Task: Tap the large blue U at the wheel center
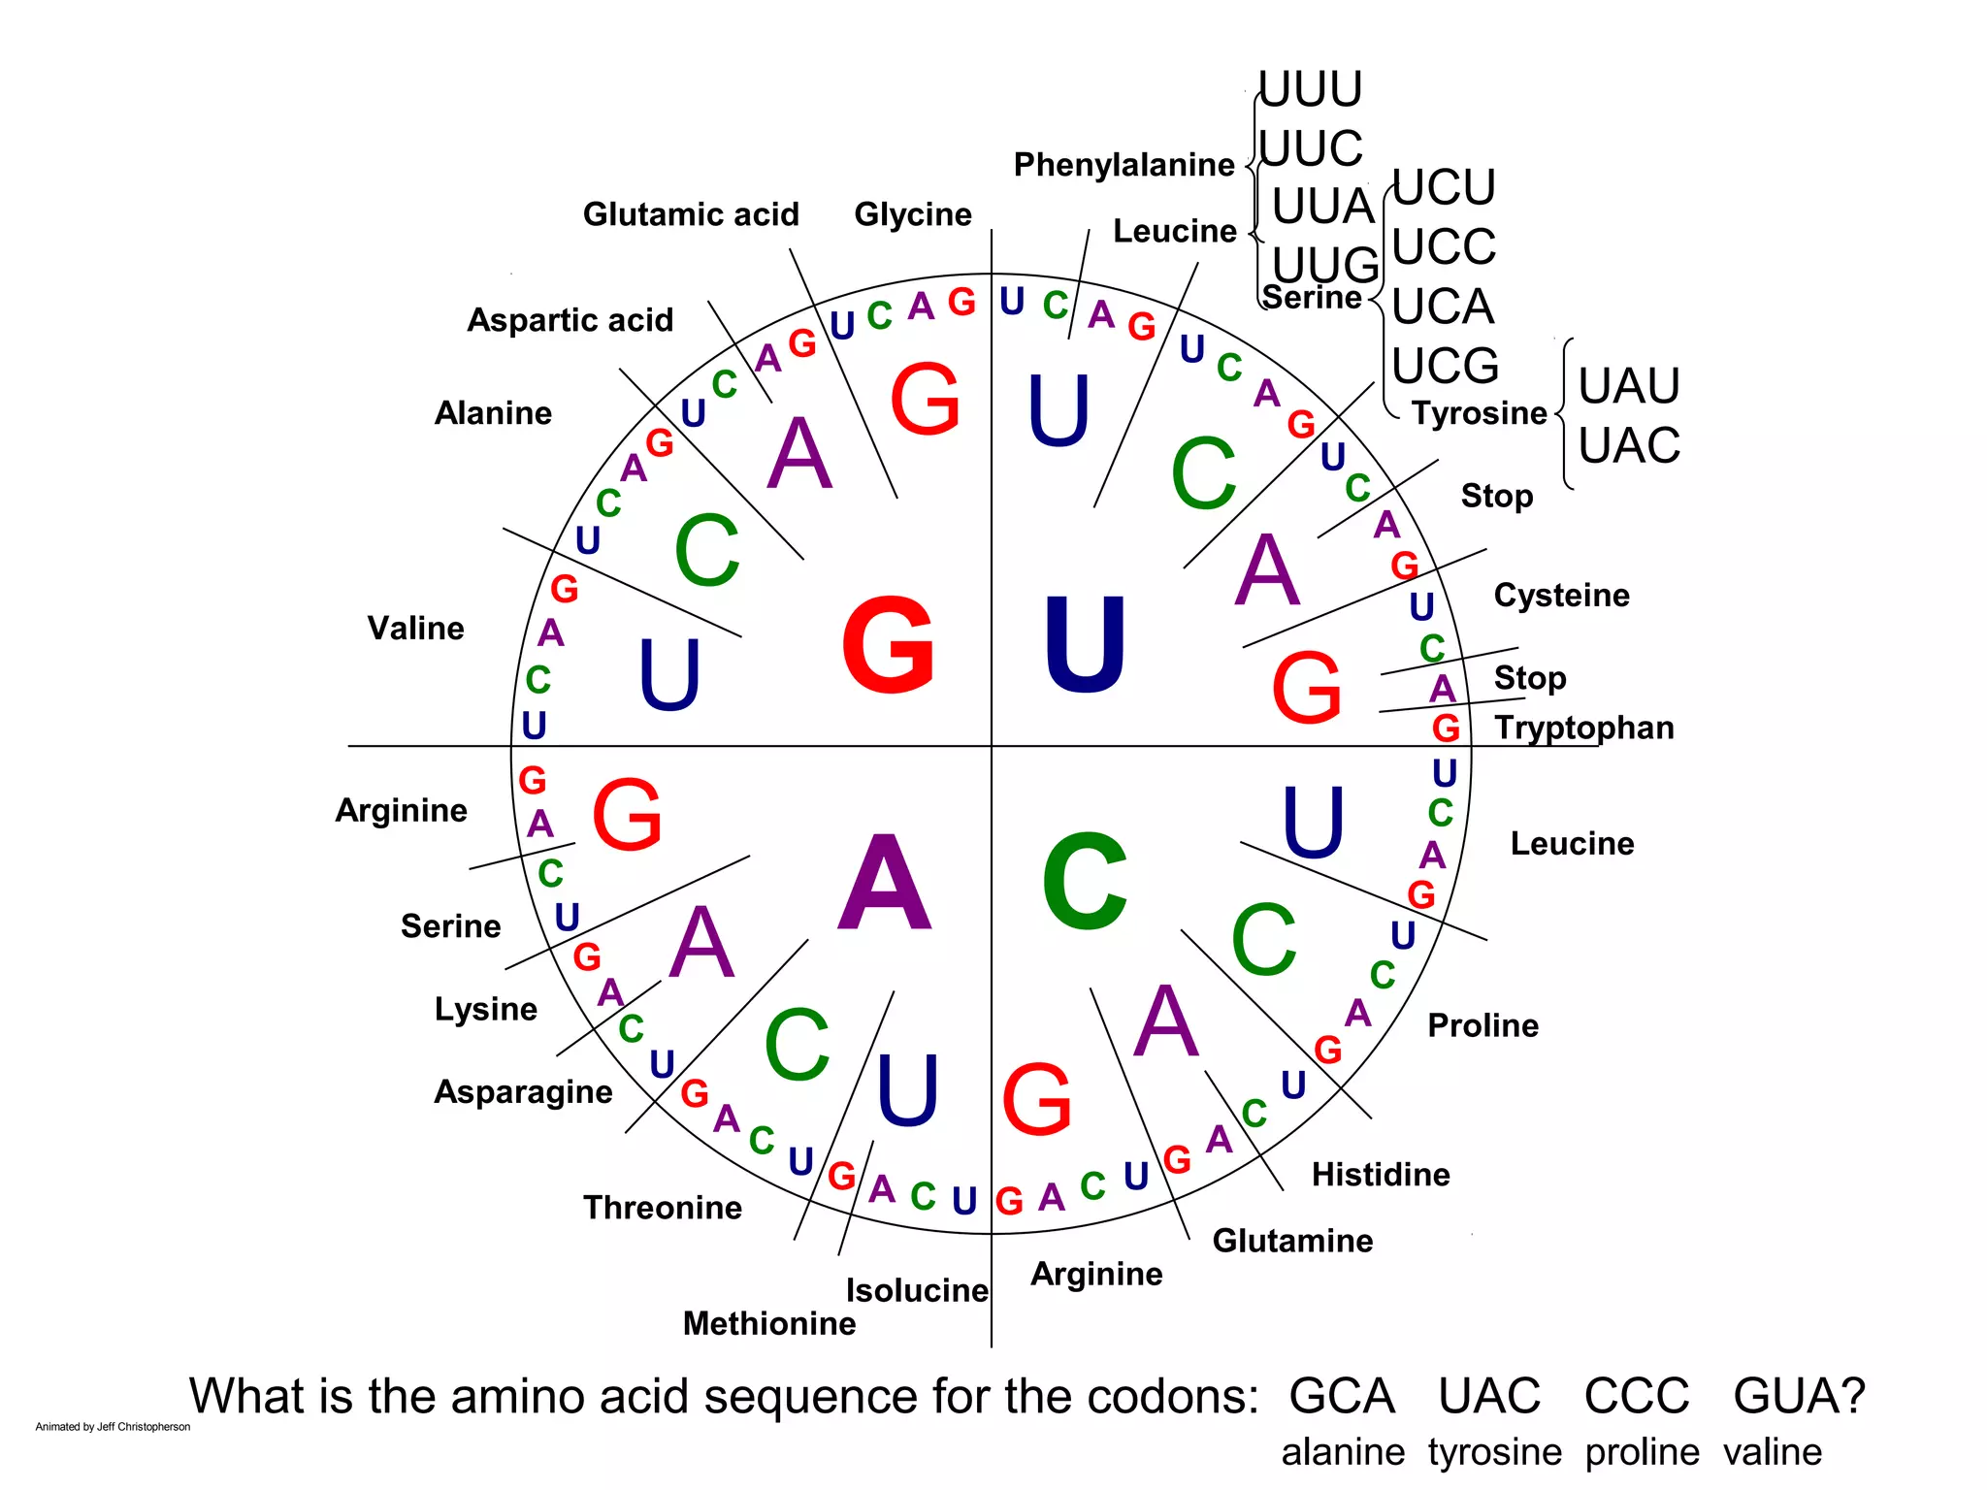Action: pos(1085,645)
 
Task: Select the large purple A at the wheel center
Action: pos(885,883)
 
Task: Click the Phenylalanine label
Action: pos(1124,165)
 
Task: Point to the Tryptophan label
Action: pos(1583,728)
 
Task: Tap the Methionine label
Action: pos(769,1323)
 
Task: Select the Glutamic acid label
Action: pos(691,214)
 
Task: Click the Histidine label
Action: pos(1381,1175)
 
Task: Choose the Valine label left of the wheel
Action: pos(415,629)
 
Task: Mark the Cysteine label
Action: pos(1561,596)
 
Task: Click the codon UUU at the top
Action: pos(1311,89)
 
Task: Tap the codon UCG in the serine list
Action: pos(1445,367)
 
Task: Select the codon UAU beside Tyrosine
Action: pos(1628,386)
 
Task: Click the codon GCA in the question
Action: pos(1342,1397)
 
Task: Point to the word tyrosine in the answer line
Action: pos(1494,1452)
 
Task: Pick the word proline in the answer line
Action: pos(1642,1452)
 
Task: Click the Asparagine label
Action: pos(523,1092)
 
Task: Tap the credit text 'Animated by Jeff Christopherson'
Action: pos(113,1427)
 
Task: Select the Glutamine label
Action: pos(1292,1241)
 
